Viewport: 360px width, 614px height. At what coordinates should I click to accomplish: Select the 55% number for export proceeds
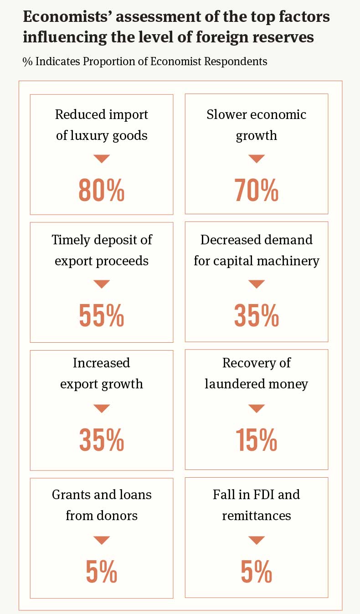point(101,315)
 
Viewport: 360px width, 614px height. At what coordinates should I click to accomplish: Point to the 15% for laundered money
point(256,440)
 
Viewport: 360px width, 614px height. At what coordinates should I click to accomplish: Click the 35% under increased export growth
point(101,440)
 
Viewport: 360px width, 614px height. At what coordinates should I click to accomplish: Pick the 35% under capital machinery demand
point(256,315)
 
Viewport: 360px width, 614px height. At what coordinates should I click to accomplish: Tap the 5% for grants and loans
point(101,572)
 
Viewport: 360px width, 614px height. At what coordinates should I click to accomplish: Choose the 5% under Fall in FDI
point(256,572)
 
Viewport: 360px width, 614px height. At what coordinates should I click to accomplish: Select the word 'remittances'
point(256,516)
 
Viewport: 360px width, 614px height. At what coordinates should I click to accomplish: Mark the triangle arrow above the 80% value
point(101,159)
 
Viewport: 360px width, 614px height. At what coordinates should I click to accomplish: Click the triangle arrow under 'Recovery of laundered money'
point(256,408)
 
